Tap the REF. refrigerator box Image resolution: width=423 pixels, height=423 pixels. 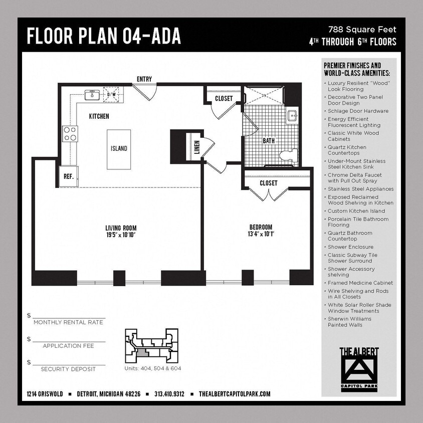[x=68, y=176]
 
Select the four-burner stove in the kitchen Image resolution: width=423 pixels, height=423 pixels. [x=70, y=133]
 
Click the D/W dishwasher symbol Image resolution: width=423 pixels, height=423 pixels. [x=112, y=94]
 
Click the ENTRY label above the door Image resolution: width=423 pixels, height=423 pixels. [x=144, y=79]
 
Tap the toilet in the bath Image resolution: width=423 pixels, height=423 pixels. [x=287, y=155]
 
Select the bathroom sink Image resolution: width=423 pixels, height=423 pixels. [x=292, y=116]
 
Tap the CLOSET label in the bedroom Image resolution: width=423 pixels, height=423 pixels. [x=268, y=183]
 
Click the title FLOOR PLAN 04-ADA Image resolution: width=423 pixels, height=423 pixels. [x=104, y=36]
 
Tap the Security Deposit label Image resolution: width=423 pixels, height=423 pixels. [x=68, y=369]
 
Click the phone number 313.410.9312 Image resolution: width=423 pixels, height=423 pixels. [x=169, y=394]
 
